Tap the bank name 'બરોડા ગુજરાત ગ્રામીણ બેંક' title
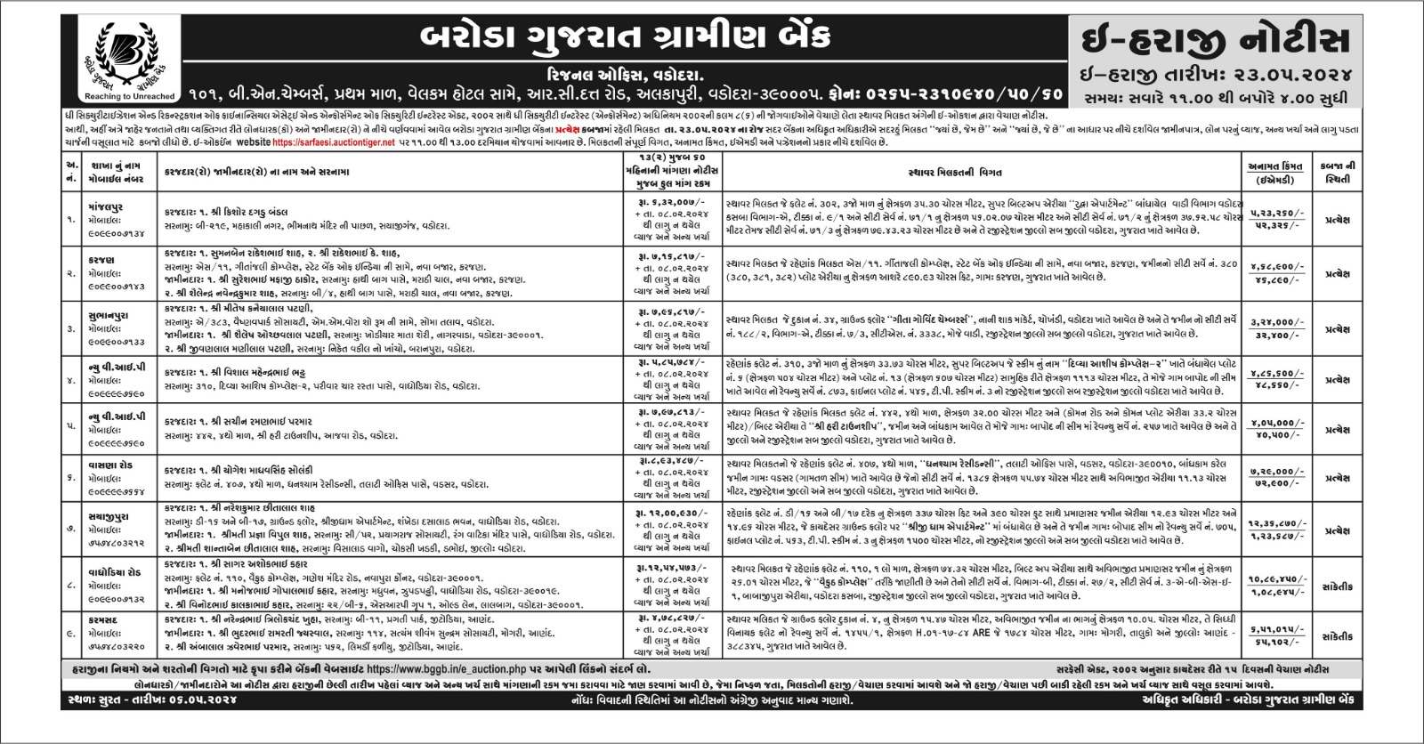point(624,37)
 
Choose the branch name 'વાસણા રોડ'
point(109,465)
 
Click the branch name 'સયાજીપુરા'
point(109,516)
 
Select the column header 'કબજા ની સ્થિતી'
point(1337,172)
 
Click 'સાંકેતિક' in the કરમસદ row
point(1337,636)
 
